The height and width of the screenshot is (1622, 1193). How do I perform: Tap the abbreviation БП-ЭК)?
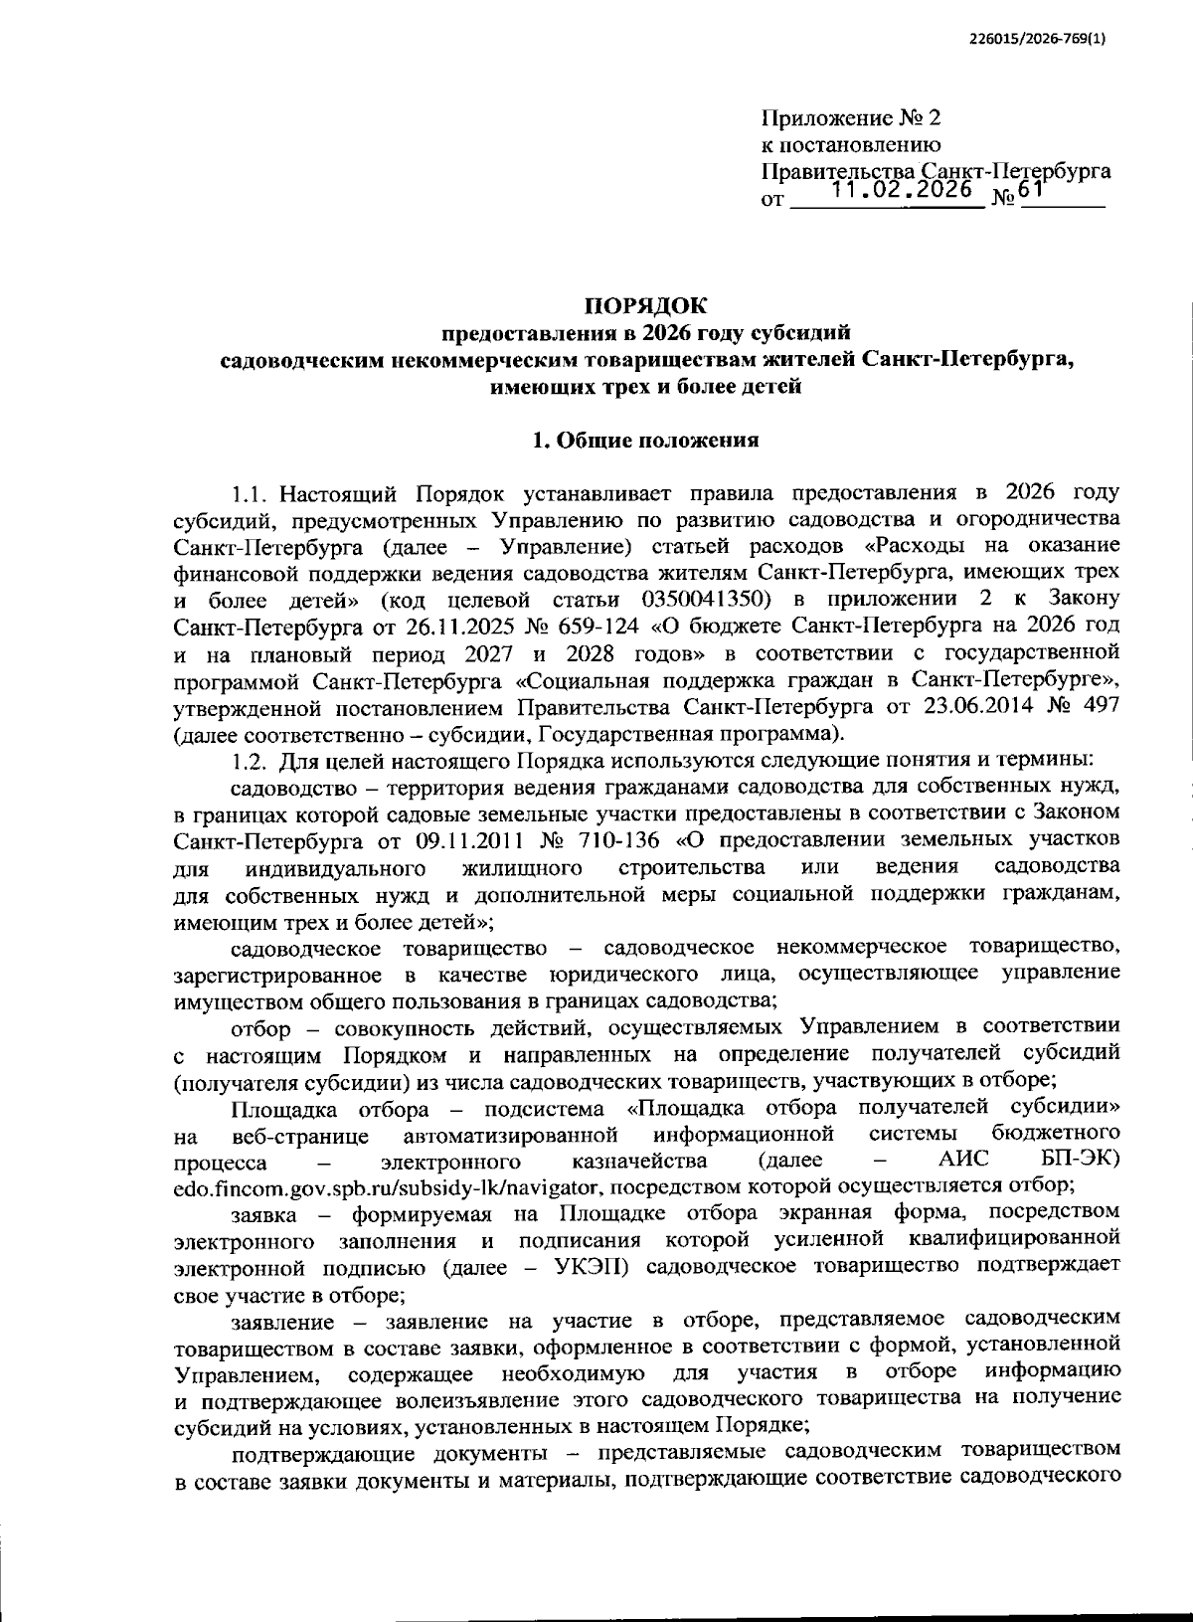[x=1080, y=1162]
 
